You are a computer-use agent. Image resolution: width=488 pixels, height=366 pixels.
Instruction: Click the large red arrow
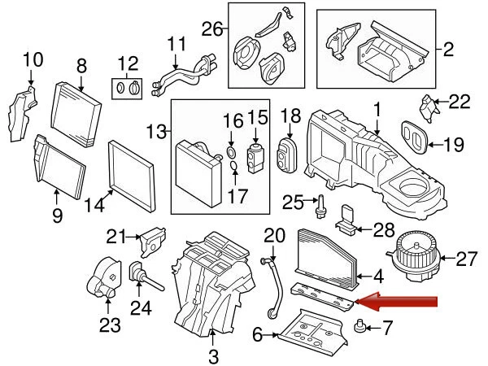[x=399, y=303]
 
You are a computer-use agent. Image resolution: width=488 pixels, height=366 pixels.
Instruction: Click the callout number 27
[x=465, y=259]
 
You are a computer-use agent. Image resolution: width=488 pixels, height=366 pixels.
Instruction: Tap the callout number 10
[x=32, y=59]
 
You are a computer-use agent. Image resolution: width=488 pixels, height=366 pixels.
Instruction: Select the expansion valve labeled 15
[x=257, y=155]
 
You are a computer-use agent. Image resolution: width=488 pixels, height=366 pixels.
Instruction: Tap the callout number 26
[x=211, y=30]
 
